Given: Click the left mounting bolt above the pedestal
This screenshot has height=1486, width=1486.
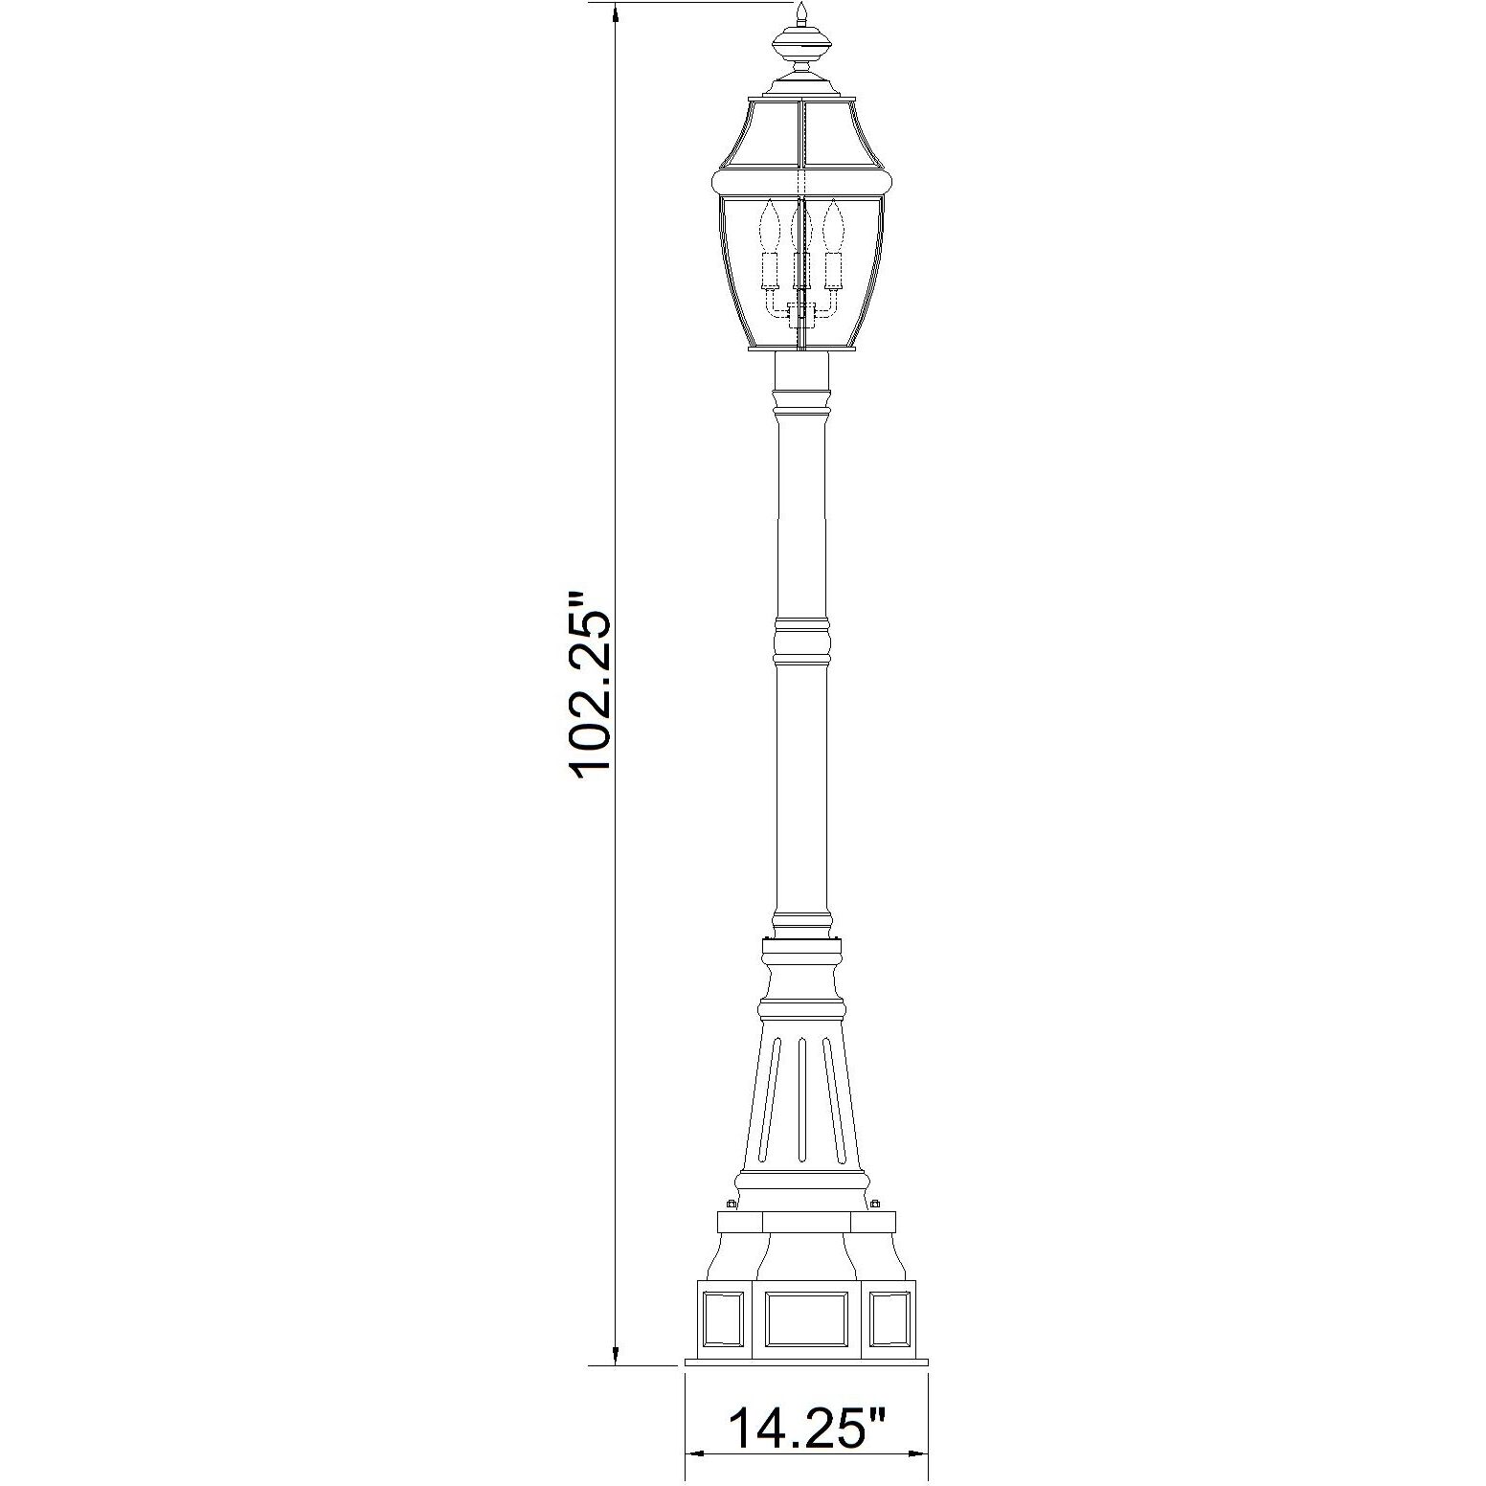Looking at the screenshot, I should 732,1203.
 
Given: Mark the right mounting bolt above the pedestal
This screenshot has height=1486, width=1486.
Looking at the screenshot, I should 876,1203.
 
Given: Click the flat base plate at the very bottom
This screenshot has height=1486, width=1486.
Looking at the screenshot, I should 806,1362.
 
